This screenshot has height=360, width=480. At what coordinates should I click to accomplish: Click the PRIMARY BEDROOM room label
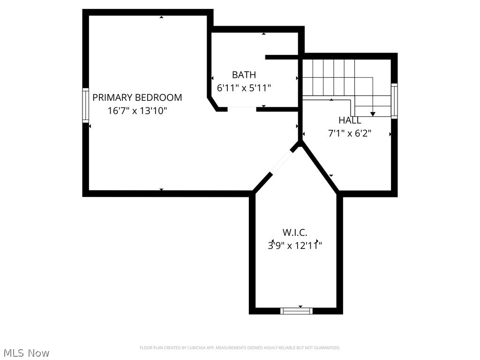pos(137,97)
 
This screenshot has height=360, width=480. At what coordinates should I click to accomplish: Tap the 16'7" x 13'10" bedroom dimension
pos(137,111)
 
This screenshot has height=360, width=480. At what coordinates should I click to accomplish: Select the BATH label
pos(244,75)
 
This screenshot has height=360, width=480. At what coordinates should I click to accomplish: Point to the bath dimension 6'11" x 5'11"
pos(244,88)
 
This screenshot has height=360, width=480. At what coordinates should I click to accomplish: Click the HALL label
pos(350,120)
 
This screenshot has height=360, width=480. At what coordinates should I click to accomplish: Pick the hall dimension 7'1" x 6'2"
pos(350,134)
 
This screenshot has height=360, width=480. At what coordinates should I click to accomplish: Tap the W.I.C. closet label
pos(295,232)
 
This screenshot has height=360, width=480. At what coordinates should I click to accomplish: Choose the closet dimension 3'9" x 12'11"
pos(295,245)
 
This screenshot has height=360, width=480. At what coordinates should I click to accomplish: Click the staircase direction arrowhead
pos(373,113)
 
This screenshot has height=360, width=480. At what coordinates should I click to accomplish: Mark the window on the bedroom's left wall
pos(86,105)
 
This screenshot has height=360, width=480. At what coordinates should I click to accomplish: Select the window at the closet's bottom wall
pos(296,310)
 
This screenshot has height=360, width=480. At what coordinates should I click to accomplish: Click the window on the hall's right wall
pos(394,100)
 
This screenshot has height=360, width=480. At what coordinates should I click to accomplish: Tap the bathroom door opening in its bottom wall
pos(242,109)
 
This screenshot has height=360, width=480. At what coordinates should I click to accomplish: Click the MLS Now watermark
pos(26,352)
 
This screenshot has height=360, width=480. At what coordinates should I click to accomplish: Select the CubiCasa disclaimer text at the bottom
pos(240,348)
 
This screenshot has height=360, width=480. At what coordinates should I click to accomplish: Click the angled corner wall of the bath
pos(213,104)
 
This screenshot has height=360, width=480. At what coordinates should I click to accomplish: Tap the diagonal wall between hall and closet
pos(320,168)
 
